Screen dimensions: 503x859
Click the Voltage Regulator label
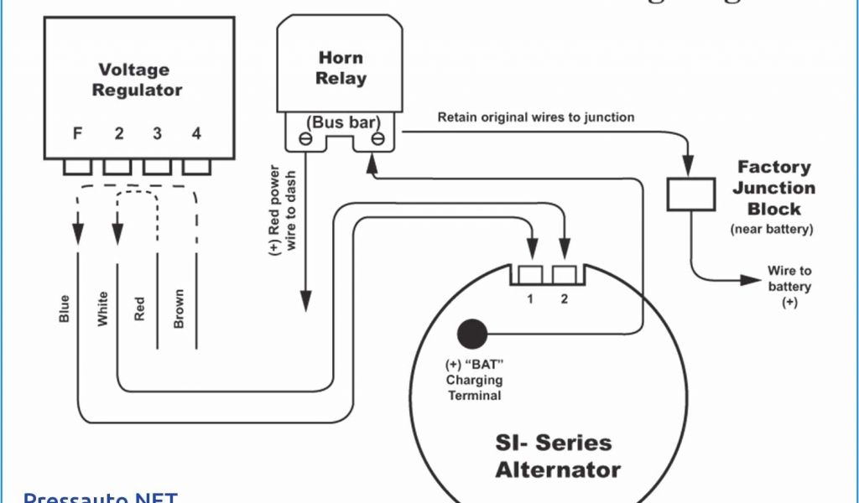pos(137,80)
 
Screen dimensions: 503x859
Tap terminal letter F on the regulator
pos(77,132)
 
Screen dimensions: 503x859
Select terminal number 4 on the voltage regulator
pos(196,132)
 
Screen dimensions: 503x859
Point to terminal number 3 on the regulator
pos(157,132)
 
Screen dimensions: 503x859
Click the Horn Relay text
pos(341,68)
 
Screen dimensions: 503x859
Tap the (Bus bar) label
pos(341,122)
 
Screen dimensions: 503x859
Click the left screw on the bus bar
pos(306,138)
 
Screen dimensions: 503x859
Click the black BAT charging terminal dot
pos(472,334)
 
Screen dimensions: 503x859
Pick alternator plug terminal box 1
pos(530,274)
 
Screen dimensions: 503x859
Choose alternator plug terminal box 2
pos(565,274)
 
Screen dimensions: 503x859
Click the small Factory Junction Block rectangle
pos(690,194)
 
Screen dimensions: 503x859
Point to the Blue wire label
pos(65,309)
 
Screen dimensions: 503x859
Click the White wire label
pos(102,309)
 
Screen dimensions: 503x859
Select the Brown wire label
pos(178,309)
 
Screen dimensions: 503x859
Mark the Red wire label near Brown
pos(139,309)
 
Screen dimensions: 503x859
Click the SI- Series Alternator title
pos(558,455)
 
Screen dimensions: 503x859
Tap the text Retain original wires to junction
pos(536,117)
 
